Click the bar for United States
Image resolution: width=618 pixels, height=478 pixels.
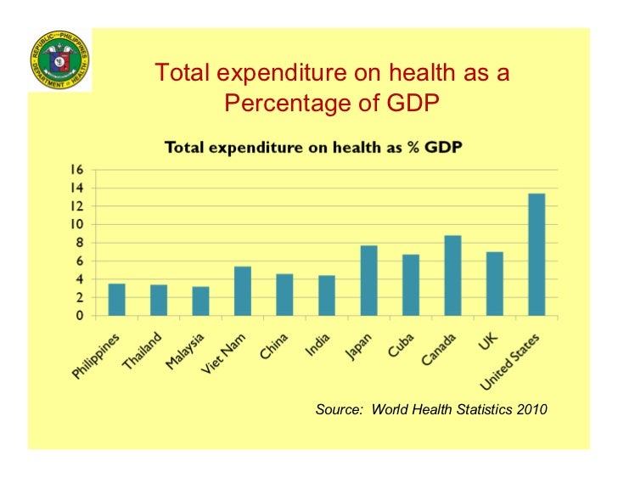point(536,255)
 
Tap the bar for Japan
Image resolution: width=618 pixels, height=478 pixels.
point(368,281)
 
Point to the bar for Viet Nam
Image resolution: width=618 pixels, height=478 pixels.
point(242,291)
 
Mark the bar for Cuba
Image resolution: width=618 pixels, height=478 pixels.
point(410,285)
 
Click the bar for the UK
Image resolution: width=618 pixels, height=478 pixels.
point(494,284)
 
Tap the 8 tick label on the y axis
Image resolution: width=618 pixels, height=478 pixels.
point(80,243)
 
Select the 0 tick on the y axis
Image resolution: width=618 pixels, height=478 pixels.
point(80,316)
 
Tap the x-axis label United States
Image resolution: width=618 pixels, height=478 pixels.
point(517,356)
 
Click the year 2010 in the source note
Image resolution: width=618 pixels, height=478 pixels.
point(531,410)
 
